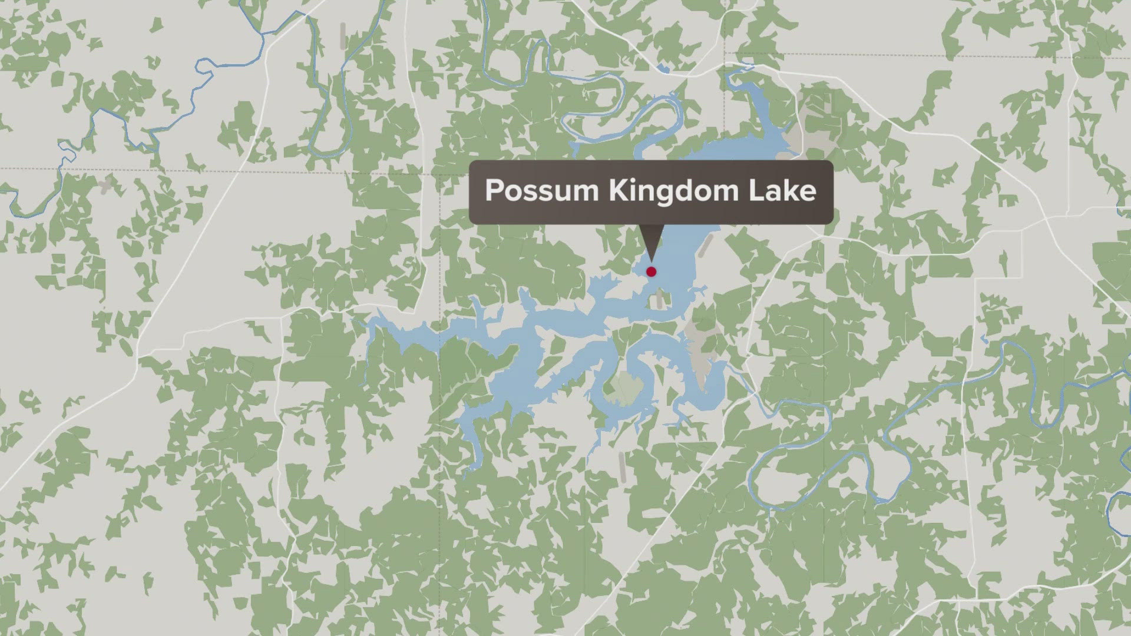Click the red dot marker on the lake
tap(651, 271)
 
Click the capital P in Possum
tap(492, 191)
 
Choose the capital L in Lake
tap(755, 191)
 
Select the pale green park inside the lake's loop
tap(624, 386)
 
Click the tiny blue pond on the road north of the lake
tap(664, 69)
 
